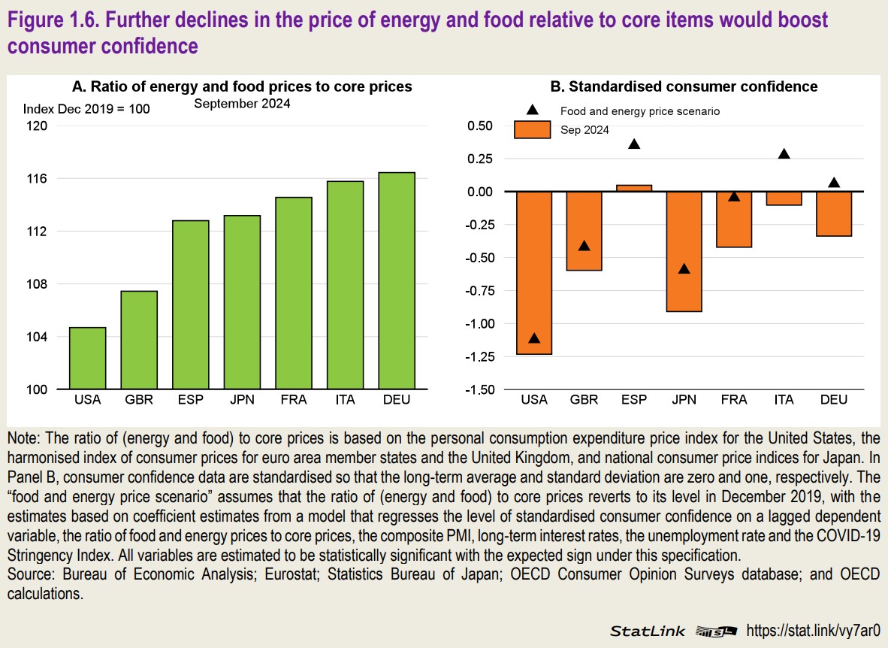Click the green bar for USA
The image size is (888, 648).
click(x=88, y=359)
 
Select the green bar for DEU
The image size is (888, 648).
click(x=397, y=281)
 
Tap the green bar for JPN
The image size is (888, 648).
click(x=242, y=302)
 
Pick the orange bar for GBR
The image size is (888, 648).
click(x=584, y=231)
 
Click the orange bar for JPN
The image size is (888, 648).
click(x=684, y=251)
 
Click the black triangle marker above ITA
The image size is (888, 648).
click(x=784, y=154)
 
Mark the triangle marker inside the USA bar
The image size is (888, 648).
click(x=534, y=339)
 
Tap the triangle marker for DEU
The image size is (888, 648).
click(x=834, y=183)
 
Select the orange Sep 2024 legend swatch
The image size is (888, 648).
click(x=533, y=129)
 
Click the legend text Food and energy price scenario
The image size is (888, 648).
click(x=640, y=111)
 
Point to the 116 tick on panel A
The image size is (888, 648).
click(x=37, y=179)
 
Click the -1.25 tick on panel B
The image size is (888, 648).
click(x=481, y=356)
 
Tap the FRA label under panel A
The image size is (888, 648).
click(x=293, y=400)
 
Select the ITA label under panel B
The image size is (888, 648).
click(x=784, y=400)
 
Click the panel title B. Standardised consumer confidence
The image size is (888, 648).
click(x=684, y=86)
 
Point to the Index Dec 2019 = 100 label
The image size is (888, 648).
click(x=86, y=109)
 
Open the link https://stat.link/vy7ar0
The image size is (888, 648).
click(x=810, y=630)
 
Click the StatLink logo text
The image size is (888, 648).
click(x=648, y=631)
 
